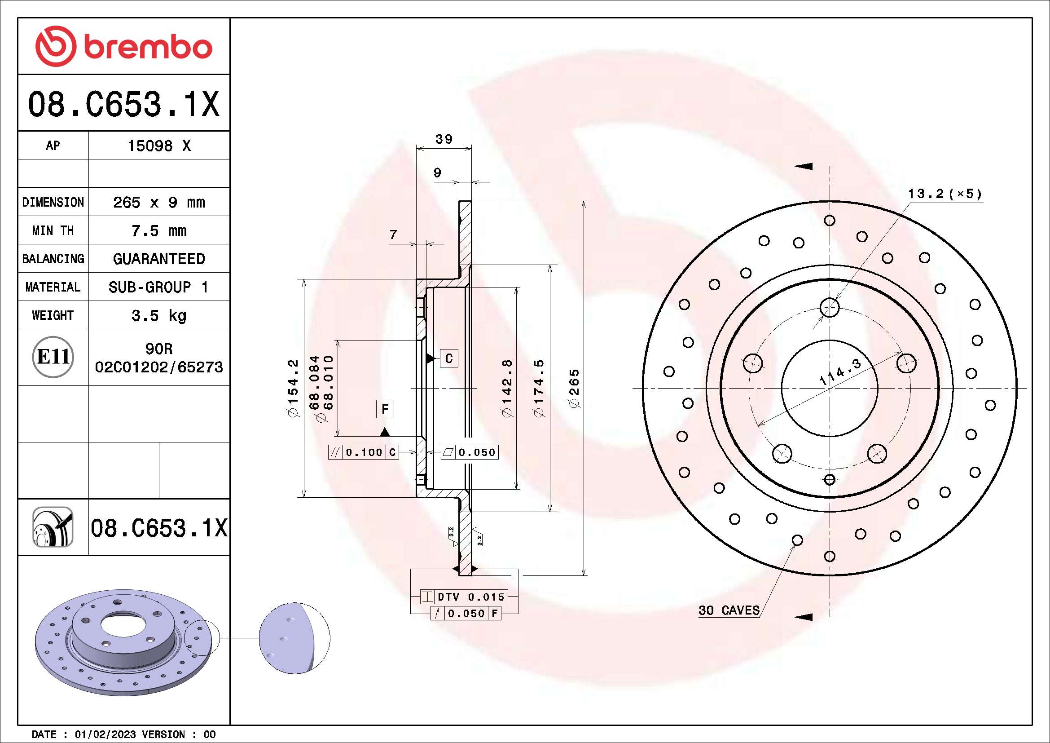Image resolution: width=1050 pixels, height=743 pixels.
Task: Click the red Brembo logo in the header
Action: pyautogui.click(x=123, y=47)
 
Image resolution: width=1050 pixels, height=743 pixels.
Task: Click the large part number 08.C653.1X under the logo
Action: pyautogui.click(x=123, y=104)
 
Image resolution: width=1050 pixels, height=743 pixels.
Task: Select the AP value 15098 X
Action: pyautogui.click(x=158, y=146)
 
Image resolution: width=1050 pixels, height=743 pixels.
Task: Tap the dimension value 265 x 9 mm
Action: pyautogui.click(x=158, y=202)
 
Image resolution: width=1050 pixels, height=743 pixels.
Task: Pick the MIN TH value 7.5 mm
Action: pyautogui.click(x=158, y=230)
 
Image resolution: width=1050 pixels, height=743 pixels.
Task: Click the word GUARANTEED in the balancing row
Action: pyautogui.click(x=158, y=259)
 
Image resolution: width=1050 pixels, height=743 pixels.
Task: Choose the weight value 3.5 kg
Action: pyautogui.click(x=158, y=315)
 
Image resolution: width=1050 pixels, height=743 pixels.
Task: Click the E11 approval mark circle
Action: pyautogui.click(x=53, y=357)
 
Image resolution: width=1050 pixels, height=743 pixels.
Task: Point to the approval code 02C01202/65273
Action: pyautogui.click(x=158, y=367)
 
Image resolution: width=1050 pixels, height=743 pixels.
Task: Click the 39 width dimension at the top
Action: pyautogui.click(x=444, y=139)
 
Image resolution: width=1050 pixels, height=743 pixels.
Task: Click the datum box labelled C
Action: pyautogui.click(x=448, y=358)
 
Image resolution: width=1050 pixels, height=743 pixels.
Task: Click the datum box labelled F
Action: pyautogui.click(x=385, y=408)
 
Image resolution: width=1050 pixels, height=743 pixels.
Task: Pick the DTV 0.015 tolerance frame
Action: pyautogui.click(x=470, y=597)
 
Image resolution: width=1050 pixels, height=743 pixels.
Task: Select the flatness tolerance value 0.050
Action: pyautogui.click(x=477, y=452)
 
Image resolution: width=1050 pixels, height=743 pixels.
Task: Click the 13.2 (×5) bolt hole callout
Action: pyautogui.click(x=945, y=194)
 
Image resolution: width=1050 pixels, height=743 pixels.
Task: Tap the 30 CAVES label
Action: pyautogui.click(x=729, y=610)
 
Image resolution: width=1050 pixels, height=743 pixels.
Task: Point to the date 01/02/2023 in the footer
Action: pyautogui.click(x=105, y=734)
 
